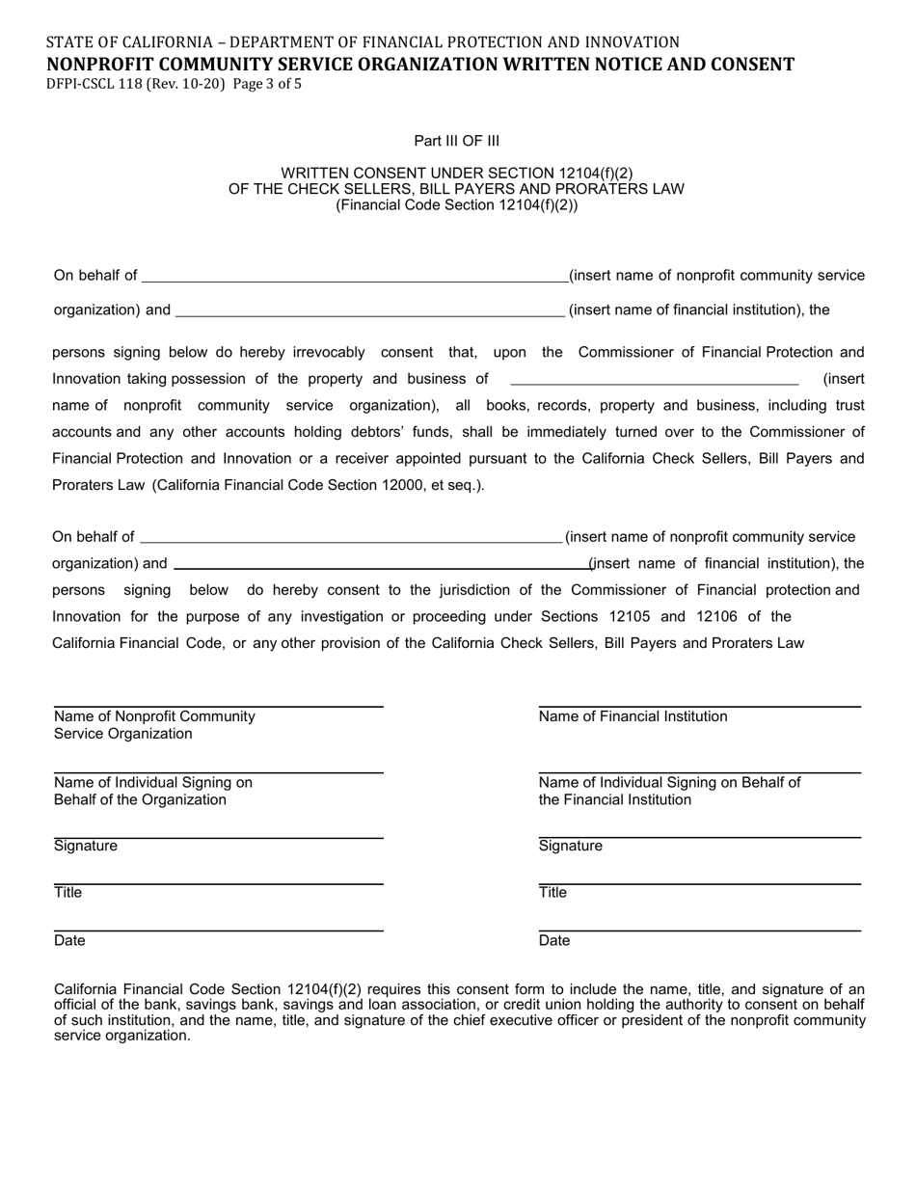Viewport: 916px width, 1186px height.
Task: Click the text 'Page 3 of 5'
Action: (x=267, y=84)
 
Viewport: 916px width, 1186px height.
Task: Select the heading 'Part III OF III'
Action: (x=457, y=141)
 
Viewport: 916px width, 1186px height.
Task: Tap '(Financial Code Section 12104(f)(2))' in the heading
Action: (x=457, y=204)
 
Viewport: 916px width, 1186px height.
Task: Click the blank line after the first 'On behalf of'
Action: (x=355, y=281)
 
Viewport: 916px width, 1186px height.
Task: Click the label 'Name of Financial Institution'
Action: (x=633, y=716)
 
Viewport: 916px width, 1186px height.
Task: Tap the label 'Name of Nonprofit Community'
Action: (x=154, y=716)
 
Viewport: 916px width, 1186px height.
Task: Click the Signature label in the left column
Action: (x=85, y=847)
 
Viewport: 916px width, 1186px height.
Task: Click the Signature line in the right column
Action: (x=699, y=837)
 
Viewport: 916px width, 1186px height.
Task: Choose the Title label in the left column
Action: (x=67, y=893)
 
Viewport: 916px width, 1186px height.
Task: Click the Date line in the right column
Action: (x=699, y=930)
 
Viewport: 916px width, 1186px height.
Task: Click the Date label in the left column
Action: (x=69, y=941)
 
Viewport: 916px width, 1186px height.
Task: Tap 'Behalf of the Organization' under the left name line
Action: (x=140, y=800)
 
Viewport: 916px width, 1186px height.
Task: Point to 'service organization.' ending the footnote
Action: (x=122, y=1036)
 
